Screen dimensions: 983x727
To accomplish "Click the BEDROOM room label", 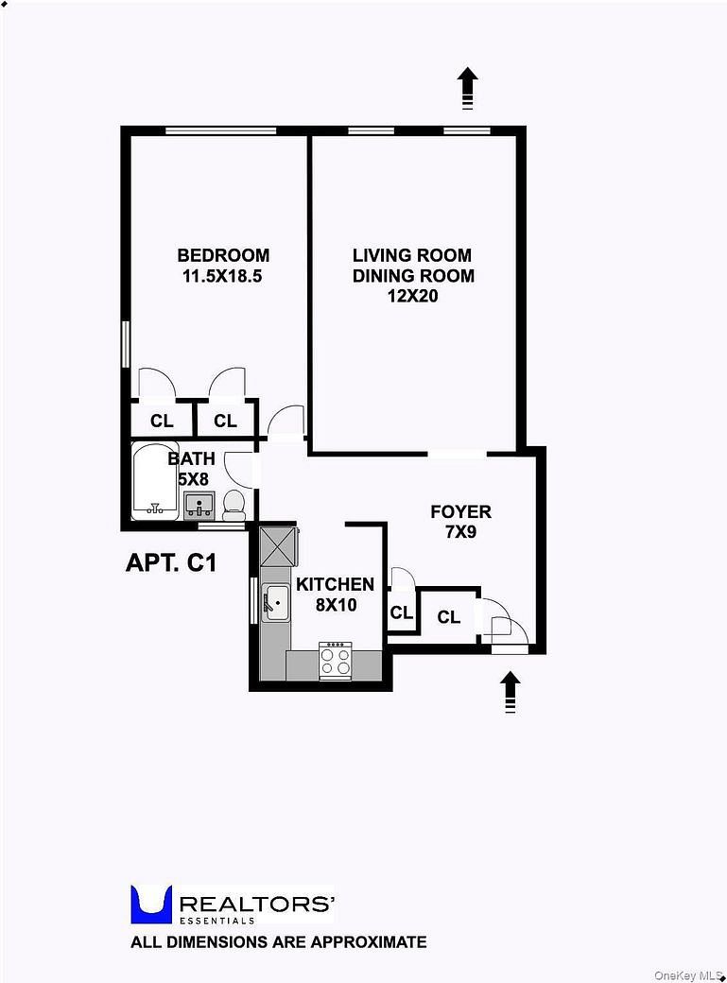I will point(223,255).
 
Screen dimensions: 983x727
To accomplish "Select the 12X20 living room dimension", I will point(413,297).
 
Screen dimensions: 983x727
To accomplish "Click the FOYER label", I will point(460,512).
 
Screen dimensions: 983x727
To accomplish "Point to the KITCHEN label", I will point(335,584).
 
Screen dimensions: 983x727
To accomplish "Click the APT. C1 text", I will point(172,563).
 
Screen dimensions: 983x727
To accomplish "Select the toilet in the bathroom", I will point(234,504).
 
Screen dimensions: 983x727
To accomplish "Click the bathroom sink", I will point(198,504).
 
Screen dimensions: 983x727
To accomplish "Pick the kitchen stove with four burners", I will point(336,660).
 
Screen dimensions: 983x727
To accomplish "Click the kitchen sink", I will point(275,602).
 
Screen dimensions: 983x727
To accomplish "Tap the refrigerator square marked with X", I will point(279,545).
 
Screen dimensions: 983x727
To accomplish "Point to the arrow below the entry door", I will point(510,691).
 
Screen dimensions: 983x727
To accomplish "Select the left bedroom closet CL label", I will point(162,421).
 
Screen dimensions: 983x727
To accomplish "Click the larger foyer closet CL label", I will point(448,617).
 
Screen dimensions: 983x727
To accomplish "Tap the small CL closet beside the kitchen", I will point(401,612).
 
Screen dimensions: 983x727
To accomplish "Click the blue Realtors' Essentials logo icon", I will point(150,904).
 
